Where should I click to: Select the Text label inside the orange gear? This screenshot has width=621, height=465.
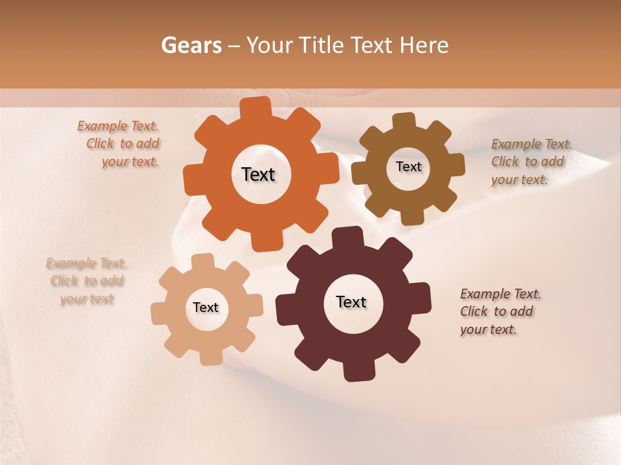[258, 174]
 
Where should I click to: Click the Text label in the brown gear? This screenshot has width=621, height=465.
[408, 167]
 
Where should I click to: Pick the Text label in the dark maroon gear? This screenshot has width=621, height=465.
[351, 302]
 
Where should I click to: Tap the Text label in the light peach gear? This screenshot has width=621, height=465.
[206, 308]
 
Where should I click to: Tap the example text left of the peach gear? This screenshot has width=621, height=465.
[87, 281]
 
